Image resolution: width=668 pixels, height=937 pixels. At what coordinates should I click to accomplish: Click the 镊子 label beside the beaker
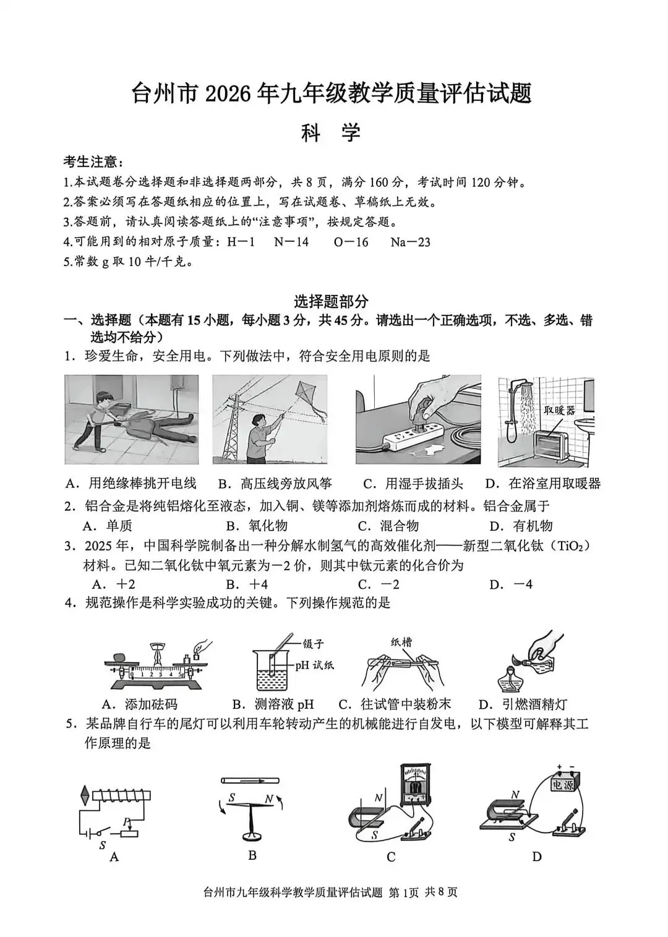click(x=312, y=643)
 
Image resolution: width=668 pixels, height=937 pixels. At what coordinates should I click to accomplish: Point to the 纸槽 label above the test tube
click(x=401, y=642)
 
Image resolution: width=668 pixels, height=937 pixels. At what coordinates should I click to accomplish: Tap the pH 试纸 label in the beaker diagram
click(x=314, y=665)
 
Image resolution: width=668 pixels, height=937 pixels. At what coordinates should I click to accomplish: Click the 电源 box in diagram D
click(x=563, y=784)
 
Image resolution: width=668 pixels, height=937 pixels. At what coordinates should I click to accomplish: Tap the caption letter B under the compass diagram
click(x=252, y=855)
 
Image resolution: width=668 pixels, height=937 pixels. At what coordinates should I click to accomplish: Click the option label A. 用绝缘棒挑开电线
click(x=133, y=484)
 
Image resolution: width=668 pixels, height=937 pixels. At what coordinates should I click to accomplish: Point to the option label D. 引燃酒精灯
click(x=523, y=704)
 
